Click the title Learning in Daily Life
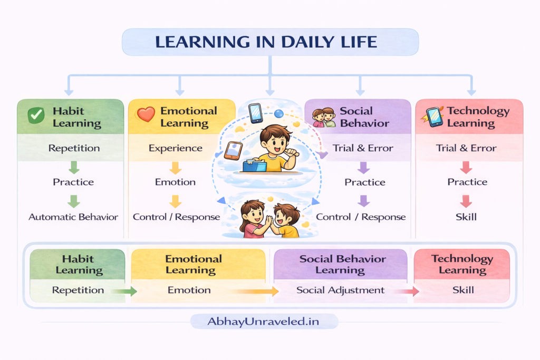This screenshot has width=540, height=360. pyautogui.click(x=270, y=42)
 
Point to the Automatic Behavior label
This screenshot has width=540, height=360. pyautogui.click(x=73, y=217)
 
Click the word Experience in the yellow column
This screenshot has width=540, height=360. pyautogui.click(x=176, y=148)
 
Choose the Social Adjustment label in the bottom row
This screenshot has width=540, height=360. pyautogui.click(x=340, y=290)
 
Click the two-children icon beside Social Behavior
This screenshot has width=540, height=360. pyautogui.click(x=324, y=117)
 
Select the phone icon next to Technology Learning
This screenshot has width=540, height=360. pyautogui.click(x=435, y=116)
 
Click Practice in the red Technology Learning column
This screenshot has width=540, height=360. pyautogui.click(x=467, y=182)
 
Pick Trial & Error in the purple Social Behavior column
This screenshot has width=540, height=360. pyautogui.click(x=363, y=148)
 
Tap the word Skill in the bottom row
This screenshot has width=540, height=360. pyautogui.click(x=463, y=290)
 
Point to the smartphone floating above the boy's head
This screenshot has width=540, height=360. pyautogui.click(x=256, y=113)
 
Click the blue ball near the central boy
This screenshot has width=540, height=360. pyautogui.click(x=279, y=113)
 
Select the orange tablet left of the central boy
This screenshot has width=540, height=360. pyautogui.click(x=233, y=150)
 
